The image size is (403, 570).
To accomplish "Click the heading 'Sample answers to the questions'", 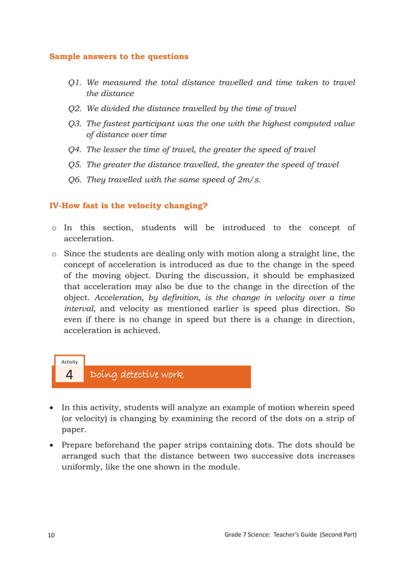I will (119, 56).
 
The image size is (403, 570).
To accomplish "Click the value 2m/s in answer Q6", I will (246, 179).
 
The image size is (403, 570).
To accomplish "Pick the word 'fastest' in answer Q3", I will (121, 123).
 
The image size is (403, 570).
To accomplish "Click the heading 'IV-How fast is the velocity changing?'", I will (128, 205).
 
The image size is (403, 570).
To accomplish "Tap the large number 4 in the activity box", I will (69, 375).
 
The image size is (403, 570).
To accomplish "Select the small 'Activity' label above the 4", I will (69, 361).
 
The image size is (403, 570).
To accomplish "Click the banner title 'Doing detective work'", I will (136, 375).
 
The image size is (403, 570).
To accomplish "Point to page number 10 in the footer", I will (51, 536).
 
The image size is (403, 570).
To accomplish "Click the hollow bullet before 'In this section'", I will (54, 228).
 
